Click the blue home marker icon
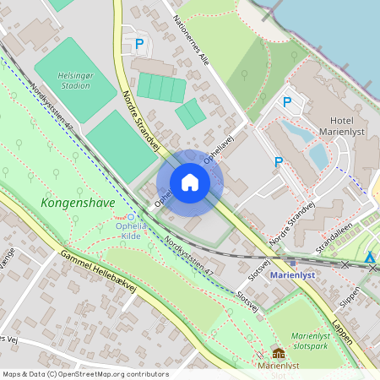coord(190,182)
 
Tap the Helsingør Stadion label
coord(73,79)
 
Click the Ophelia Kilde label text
coord(131,231)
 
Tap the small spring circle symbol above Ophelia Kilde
coord(130,217)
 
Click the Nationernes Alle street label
coord(191,42)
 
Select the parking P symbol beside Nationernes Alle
coord(140,43)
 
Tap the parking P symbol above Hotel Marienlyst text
coord(287,102)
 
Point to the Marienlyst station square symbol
coord(292,263)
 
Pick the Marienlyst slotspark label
coord(315,340)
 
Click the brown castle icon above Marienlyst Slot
coord(279,353)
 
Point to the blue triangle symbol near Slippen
coord(370,258)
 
